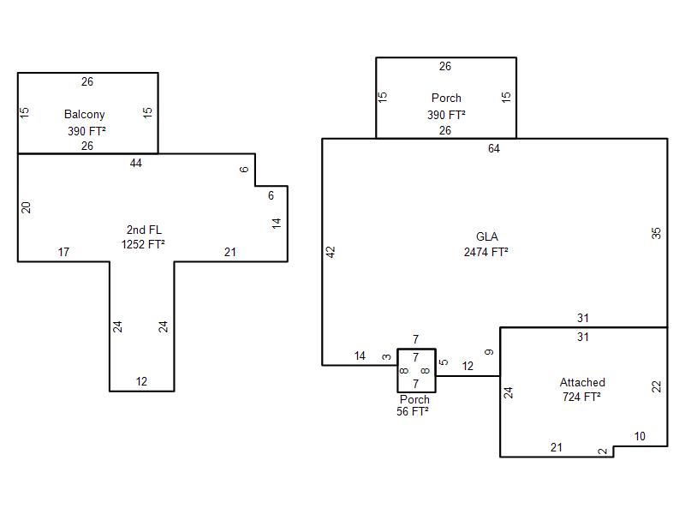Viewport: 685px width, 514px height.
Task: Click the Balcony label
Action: [x=85, y=115]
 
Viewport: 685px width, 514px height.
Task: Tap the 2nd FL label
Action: [x=144, y=230]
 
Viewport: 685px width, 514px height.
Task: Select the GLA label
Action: [x=486, y=237]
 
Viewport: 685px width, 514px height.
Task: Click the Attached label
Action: [x=582, y=383]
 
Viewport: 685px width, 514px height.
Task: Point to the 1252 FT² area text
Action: [x=143, y=244]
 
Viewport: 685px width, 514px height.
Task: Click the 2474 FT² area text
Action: [x=486, y=252]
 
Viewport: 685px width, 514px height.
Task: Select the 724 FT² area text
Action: [x=581, y=397]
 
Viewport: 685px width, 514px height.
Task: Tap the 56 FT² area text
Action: [x=414, y=411]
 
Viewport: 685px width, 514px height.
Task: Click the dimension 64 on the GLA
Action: [x=494, y=149]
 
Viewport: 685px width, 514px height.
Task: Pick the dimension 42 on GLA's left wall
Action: [x=331, y=252]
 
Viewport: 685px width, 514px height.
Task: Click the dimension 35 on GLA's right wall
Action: [x=657, y=232]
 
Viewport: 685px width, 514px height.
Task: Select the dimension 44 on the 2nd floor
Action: [x=136, y=163]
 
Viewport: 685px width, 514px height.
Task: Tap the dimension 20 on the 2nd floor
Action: [x=26, y=207]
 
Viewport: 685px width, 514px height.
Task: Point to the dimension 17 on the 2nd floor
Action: [x=63, y=252]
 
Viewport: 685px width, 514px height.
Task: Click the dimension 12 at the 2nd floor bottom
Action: [x=141, y=382]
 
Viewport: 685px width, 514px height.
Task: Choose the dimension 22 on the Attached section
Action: [x=657, y=386]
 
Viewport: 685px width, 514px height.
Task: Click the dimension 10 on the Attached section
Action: [x=640, y=437]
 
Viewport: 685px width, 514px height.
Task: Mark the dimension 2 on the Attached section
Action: [x=602, y=451]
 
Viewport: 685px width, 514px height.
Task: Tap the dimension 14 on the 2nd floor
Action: [x=277, y=223]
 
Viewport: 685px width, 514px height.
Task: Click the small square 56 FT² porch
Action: [x=417, y=370]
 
